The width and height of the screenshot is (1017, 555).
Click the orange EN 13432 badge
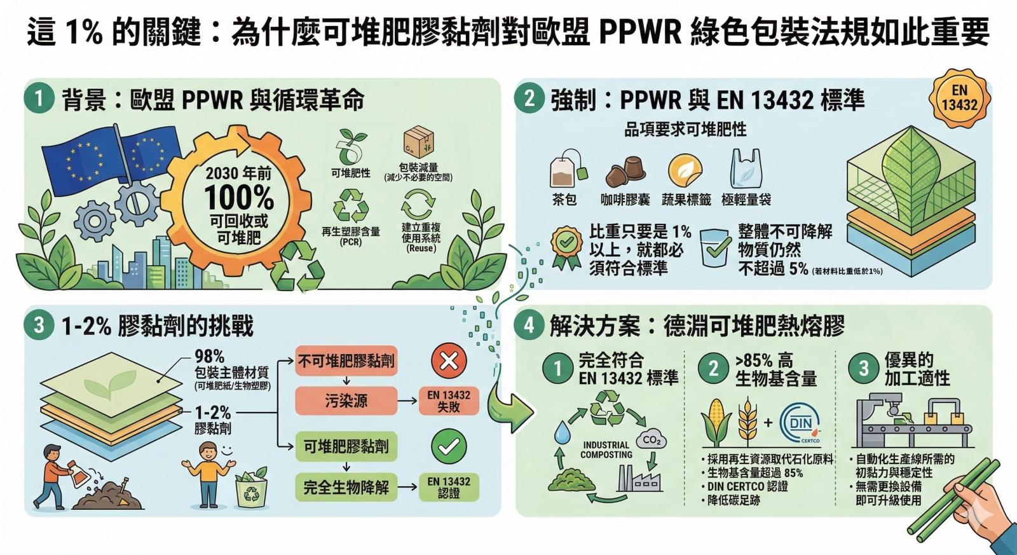tap(959, 99)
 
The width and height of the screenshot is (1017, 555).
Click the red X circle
tap(449, 361)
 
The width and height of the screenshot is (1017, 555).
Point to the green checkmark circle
tap(449, 446)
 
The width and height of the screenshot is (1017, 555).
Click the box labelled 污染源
tap(346, 401)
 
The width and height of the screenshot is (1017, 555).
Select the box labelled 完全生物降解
tap(346, 488)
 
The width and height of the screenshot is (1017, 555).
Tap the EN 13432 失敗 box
tap(449, 401)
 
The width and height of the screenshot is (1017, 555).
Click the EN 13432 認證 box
tap(449, 488)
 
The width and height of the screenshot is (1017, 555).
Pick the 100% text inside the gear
tap(239, 197)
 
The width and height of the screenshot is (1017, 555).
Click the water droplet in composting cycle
tap(562, 432)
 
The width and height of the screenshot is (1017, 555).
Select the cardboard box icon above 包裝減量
tap(418, 143)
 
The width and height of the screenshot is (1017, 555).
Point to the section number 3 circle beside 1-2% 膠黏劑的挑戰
tap(39, 325)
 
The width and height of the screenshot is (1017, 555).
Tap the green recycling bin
tap(252, 489)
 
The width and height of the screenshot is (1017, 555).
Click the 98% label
tap(210, 356)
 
